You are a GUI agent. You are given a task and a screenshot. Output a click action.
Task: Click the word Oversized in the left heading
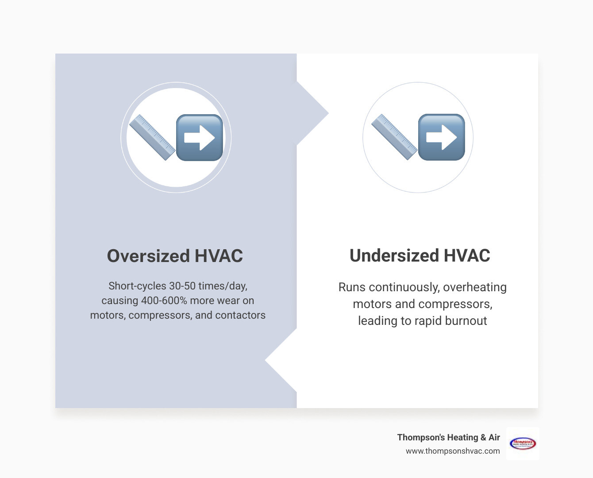148,256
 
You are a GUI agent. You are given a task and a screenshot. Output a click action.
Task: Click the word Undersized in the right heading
393,256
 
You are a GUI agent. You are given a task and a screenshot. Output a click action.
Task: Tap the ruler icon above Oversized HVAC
152,137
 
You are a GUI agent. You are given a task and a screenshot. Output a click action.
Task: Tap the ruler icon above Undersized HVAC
394,137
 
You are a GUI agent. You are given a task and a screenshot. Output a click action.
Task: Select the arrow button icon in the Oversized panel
200,138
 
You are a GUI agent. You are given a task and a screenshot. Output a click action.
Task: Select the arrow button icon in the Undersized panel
442,137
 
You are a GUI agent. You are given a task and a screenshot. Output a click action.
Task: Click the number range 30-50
182,286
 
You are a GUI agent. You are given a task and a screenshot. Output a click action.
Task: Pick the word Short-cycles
137,286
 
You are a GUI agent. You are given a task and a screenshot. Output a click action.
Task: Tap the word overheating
475,287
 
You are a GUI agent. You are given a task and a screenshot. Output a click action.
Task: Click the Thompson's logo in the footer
523,443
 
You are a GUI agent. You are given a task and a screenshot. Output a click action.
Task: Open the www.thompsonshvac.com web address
453,451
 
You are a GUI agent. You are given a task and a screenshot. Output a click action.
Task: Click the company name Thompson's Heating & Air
448,437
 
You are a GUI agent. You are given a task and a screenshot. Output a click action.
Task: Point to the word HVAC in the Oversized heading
219,256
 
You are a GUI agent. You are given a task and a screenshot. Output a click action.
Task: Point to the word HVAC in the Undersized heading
466,256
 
